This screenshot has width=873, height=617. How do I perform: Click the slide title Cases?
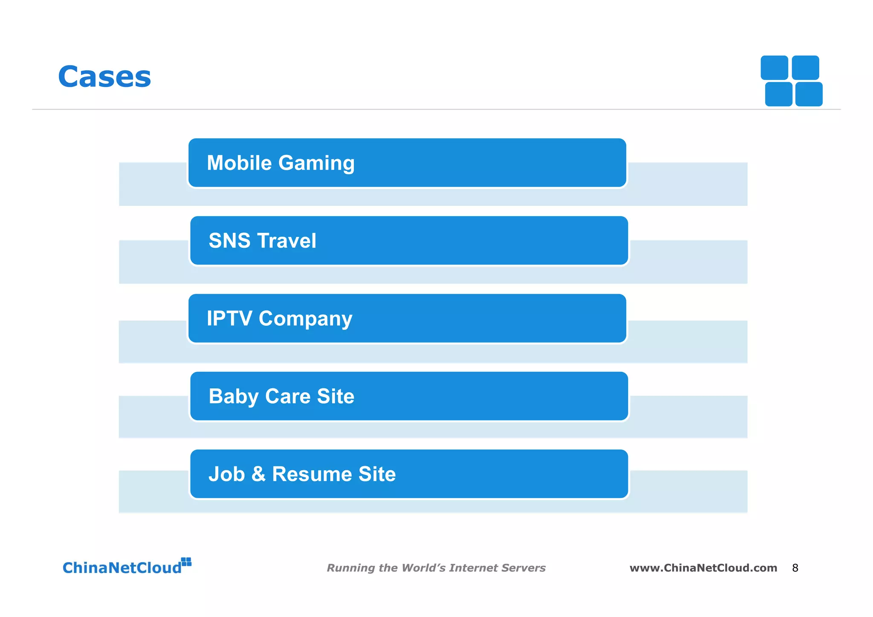[x=104, y=77]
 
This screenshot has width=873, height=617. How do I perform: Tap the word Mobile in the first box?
[x=239, y=163]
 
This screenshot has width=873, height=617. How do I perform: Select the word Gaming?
[x=317, y=164]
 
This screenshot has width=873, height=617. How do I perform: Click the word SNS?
[x=229, y=240]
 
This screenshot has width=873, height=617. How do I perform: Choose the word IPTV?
[x=229, y=319]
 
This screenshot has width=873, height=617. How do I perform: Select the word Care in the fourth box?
[x=288, y=396]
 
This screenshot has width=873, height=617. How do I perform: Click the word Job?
[x=226, y=474]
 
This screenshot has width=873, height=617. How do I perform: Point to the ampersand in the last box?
[x=258, y=474]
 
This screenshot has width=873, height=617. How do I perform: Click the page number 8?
[x=795, y=568]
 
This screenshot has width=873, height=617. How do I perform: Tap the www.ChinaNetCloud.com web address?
[x=703, y=568]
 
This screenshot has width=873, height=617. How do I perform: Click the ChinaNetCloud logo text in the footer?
[x=122, y=568]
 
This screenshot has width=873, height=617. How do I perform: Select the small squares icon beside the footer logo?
[x=186, y=562]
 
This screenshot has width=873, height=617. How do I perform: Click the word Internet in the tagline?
[x=473, y=568]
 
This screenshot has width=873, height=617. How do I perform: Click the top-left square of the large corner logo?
[x=774, y=68]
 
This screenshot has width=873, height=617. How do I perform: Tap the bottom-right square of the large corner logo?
[x=809, y=94]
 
